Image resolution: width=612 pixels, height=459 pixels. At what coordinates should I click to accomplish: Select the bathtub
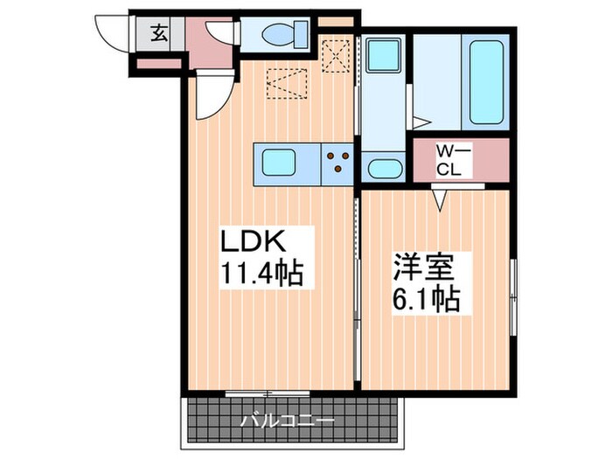[x=488, y=80]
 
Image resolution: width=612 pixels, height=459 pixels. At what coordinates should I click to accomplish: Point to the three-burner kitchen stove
[x=337, y=163]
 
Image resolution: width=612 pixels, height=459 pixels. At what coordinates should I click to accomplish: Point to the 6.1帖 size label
[x=425, y=300]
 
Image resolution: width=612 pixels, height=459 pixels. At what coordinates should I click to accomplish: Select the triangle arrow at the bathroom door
[x=421, y=123]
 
